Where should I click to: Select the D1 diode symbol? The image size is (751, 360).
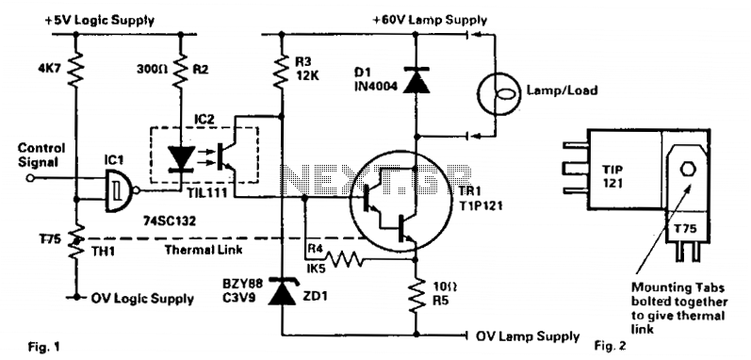tap(415, 80)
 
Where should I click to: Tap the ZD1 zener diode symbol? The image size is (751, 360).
tap(282, 291)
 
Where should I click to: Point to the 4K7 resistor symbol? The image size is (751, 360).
tap(75, 70)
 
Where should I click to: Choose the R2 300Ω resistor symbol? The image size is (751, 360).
tap(180, 71)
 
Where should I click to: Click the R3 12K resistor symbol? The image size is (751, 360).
tap(282, 70)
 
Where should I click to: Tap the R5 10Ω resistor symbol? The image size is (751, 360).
tap(415, 294)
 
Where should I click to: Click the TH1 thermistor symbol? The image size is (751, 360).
tap(75, 242)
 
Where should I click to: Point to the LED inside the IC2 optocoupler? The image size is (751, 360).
tap(181, 158)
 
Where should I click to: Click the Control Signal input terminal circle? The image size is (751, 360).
tap(31, 178)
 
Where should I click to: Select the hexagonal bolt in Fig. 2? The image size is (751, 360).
tap(688, 169)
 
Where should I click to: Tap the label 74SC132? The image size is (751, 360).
tap(164, 221)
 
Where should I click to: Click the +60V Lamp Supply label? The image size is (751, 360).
tap(430, 20)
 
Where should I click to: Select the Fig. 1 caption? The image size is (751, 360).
tap(43, 347)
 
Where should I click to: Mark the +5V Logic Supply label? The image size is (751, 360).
tap(100, 21)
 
